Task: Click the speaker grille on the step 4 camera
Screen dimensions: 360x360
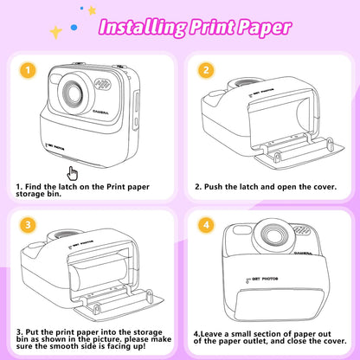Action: click(x=301, y=229)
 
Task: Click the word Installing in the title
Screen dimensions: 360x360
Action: click(x=142, y=26)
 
